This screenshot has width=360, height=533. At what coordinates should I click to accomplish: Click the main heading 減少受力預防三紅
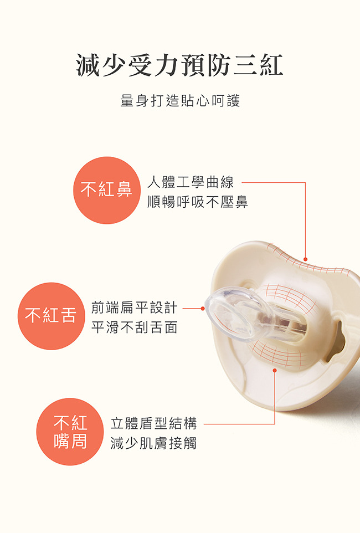179,65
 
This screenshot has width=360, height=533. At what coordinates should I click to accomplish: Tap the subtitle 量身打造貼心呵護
179,101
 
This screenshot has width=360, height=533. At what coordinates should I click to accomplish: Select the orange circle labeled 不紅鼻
106,190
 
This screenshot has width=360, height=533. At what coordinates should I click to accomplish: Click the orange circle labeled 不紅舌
51,316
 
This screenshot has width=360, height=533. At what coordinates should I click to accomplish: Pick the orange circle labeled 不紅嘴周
70,432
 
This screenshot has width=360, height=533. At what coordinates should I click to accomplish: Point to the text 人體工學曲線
191,182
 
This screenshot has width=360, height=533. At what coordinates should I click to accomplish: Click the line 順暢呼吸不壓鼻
197,202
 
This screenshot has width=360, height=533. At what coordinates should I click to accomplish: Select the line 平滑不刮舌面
134,327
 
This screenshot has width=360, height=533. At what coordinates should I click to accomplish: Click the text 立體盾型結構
153,424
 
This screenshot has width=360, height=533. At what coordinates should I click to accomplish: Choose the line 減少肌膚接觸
153,443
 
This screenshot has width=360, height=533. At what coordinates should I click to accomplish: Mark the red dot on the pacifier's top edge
305,259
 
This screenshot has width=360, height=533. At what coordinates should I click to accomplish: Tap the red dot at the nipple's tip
203,308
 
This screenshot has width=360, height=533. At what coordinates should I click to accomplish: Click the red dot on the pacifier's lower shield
275,370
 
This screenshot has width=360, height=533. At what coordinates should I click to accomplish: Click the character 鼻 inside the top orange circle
125,190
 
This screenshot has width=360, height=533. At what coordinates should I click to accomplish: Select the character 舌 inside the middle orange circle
69,316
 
